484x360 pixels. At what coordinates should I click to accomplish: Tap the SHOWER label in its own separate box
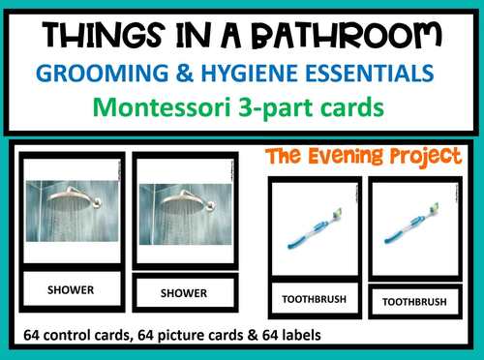[x=184, y=292]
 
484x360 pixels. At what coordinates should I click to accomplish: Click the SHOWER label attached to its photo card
[x=71, y=287]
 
